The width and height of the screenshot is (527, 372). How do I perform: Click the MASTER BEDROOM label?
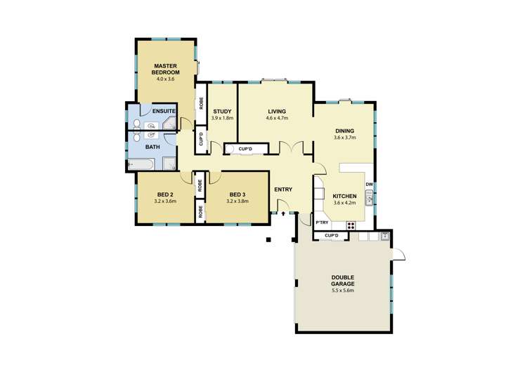167,69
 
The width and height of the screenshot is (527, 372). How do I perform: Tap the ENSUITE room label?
162,112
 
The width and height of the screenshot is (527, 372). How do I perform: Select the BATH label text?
152,147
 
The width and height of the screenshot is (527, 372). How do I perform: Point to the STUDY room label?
222,111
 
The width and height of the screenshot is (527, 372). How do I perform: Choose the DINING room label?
344,131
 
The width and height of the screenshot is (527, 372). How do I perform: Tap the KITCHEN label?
344,196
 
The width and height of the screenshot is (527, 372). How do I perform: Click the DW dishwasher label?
368,185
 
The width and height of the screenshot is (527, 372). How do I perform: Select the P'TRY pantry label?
323,222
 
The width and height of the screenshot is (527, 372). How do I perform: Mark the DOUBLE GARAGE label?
343,281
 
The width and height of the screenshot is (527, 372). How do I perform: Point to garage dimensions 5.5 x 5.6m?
343,291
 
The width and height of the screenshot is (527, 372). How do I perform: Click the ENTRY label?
283,189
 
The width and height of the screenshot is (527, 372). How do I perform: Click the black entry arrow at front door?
283,215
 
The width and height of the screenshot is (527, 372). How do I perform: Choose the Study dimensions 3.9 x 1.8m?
222,118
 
